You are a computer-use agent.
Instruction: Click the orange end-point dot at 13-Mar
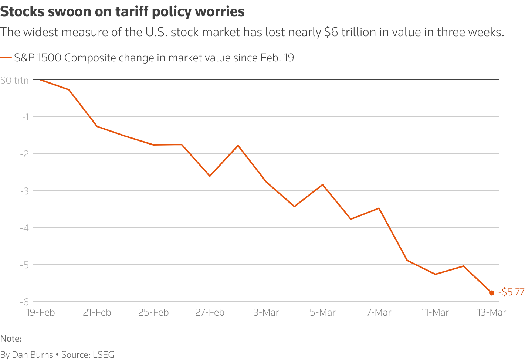[x=492, y=293]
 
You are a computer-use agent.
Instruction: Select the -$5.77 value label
[x=511, y=292]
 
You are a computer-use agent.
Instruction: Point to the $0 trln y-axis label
[x=14, y=80]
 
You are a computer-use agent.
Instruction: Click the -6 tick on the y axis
[x=24, y=302]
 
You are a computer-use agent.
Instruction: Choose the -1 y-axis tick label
[x=25, y=117]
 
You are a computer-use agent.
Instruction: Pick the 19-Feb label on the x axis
[x=41, y=313]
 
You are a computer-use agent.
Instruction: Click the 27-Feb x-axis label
[x=210, y=313]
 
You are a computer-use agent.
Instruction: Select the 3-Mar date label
[x=266, y=313]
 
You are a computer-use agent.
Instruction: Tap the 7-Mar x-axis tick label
[x=379, y=313]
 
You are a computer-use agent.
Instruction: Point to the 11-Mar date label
[x=435, y=313]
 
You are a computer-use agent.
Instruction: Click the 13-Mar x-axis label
[x=492, y=313]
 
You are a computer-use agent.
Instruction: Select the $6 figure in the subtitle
[x=331, y=33]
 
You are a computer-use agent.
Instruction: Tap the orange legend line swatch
[x=6, y=58]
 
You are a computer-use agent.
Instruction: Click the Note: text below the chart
[x=11, y=339]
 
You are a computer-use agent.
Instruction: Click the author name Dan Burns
[x=33, y=355]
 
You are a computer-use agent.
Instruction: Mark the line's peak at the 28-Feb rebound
[x=238, y=145]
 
